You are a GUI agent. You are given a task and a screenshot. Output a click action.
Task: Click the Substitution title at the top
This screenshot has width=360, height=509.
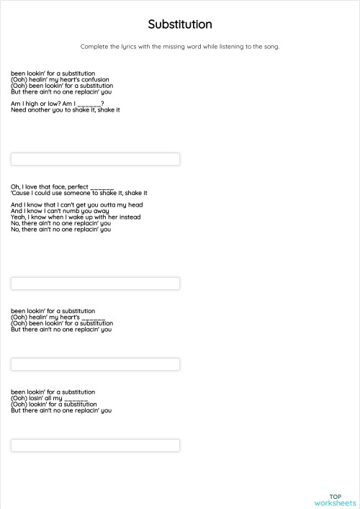click(x=180, y=24)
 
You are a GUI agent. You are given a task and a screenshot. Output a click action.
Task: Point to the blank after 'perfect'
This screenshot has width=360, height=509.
click(x=102, y=187)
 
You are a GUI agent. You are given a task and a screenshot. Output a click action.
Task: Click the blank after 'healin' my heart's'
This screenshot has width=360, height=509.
click(x=94, y=317)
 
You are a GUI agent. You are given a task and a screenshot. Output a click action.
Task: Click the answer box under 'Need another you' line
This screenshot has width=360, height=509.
click(x=95, y=159)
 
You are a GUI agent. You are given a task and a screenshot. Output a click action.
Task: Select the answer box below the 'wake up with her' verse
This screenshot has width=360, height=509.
click(x=95, y=284)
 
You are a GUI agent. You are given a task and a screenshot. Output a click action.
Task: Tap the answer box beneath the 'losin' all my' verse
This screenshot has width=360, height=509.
click(x=95, y=446)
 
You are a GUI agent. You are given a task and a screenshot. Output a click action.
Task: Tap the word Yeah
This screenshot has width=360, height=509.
click(x=18, y=217)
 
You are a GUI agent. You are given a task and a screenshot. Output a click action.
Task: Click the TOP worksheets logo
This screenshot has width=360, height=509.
click(x=335, y=500)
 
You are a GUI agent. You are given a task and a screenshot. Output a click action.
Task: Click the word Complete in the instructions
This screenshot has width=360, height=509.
click(x=94, y=47)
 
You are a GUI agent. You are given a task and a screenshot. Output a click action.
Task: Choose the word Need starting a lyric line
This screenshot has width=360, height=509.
click(x=19, y=110)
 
